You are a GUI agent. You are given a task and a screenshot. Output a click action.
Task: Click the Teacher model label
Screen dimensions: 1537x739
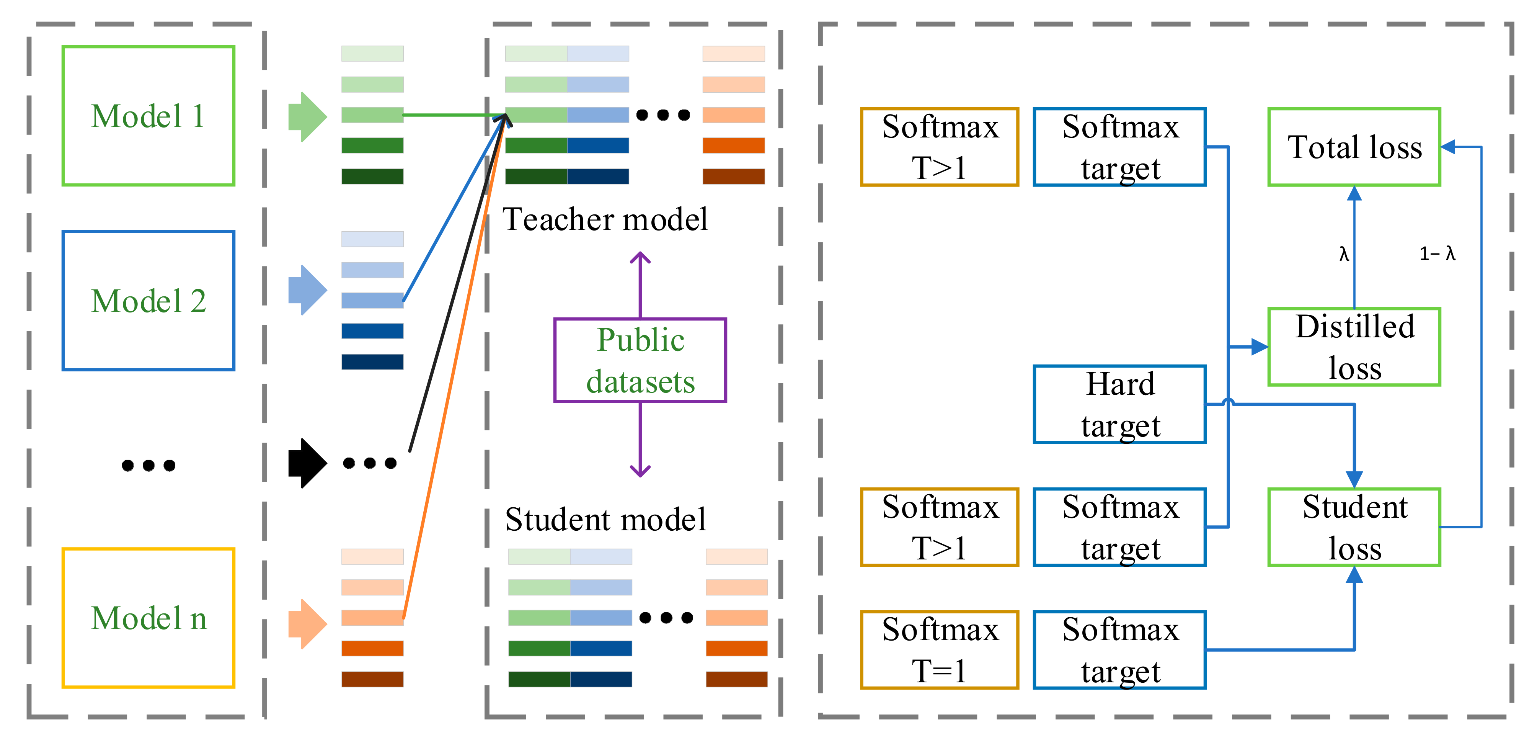pos(605,219)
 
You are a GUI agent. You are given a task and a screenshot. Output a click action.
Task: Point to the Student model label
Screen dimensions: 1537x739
pos(605,519)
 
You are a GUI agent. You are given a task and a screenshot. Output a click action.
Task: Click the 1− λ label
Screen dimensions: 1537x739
pos(1437,254)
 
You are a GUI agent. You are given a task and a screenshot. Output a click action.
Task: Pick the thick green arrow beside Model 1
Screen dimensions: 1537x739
pos(307,116)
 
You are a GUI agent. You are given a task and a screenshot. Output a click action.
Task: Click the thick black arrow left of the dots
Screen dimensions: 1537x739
pos(307,463)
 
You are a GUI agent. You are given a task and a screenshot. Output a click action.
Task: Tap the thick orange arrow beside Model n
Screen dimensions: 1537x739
pos(307,624)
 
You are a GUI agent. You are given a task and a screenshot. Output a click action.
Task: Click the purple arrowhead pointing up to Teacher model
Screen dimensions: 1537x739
pos(640,257)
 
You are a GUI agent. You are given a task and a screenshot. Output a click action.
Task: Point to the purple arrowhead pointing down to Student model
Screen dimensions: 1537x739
pos(640,471)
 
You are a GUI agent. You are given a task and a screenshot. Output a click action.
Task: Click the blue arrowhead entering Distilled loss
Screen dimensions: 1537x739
pos(1260,347)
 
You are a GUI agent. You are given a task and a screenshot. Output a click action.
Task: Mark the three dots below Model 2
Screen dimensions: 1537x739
pos(148,465)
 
